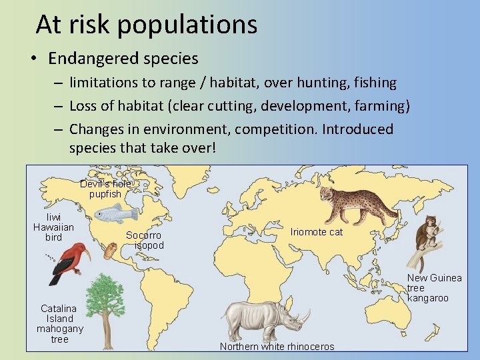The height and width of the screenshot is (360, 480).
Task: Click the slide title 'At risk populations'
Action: pos(146,25)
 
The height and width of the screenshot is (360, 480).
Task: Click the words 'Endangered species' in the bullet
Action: pos(123,59)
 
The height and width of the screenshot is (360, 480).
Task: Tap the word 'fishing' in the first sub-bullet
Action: pos(374,83)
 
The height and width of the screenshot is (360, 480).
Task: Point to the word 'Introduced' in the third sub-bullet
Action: pos(357,129)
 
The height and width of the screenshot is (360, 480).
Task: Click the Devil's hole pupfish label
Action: pos(105,189)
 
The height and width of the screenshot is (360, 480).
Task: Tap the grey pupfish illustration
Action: pos(115,214)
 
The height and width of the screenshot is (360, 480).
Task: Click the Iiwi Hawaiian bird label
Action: pos(53,227)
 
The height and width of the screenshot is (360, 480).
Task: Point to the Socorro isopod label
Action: pos(144,240)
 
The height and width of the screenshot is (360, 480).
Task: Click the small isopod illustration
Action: pos(111,251)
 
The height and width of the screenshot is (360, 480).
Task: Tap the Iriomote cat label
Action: pos(316,232)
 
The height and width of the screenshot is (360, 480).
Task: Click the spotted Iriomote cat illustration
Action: pos(349,203)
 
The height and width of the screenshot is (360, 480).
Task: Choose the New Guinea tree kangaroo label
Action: pos(434,287)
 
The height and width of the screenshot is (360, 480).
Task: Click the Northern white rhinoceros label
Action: pos(277,347)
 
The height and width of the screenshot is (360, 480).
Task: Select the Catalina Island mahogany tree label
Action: pos(59,324)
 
